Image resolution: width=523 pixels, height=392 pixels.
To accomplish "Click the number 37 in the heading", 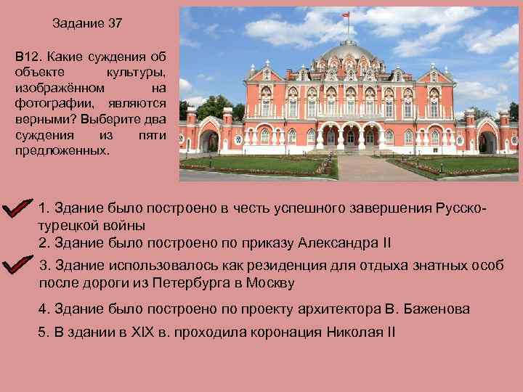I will (115, 23).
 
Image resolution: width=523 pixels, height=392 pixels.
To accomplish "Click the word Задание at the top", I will (78, 23).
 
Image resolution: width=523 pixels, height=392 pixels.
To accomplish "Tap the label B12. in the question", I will (31, 56).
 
